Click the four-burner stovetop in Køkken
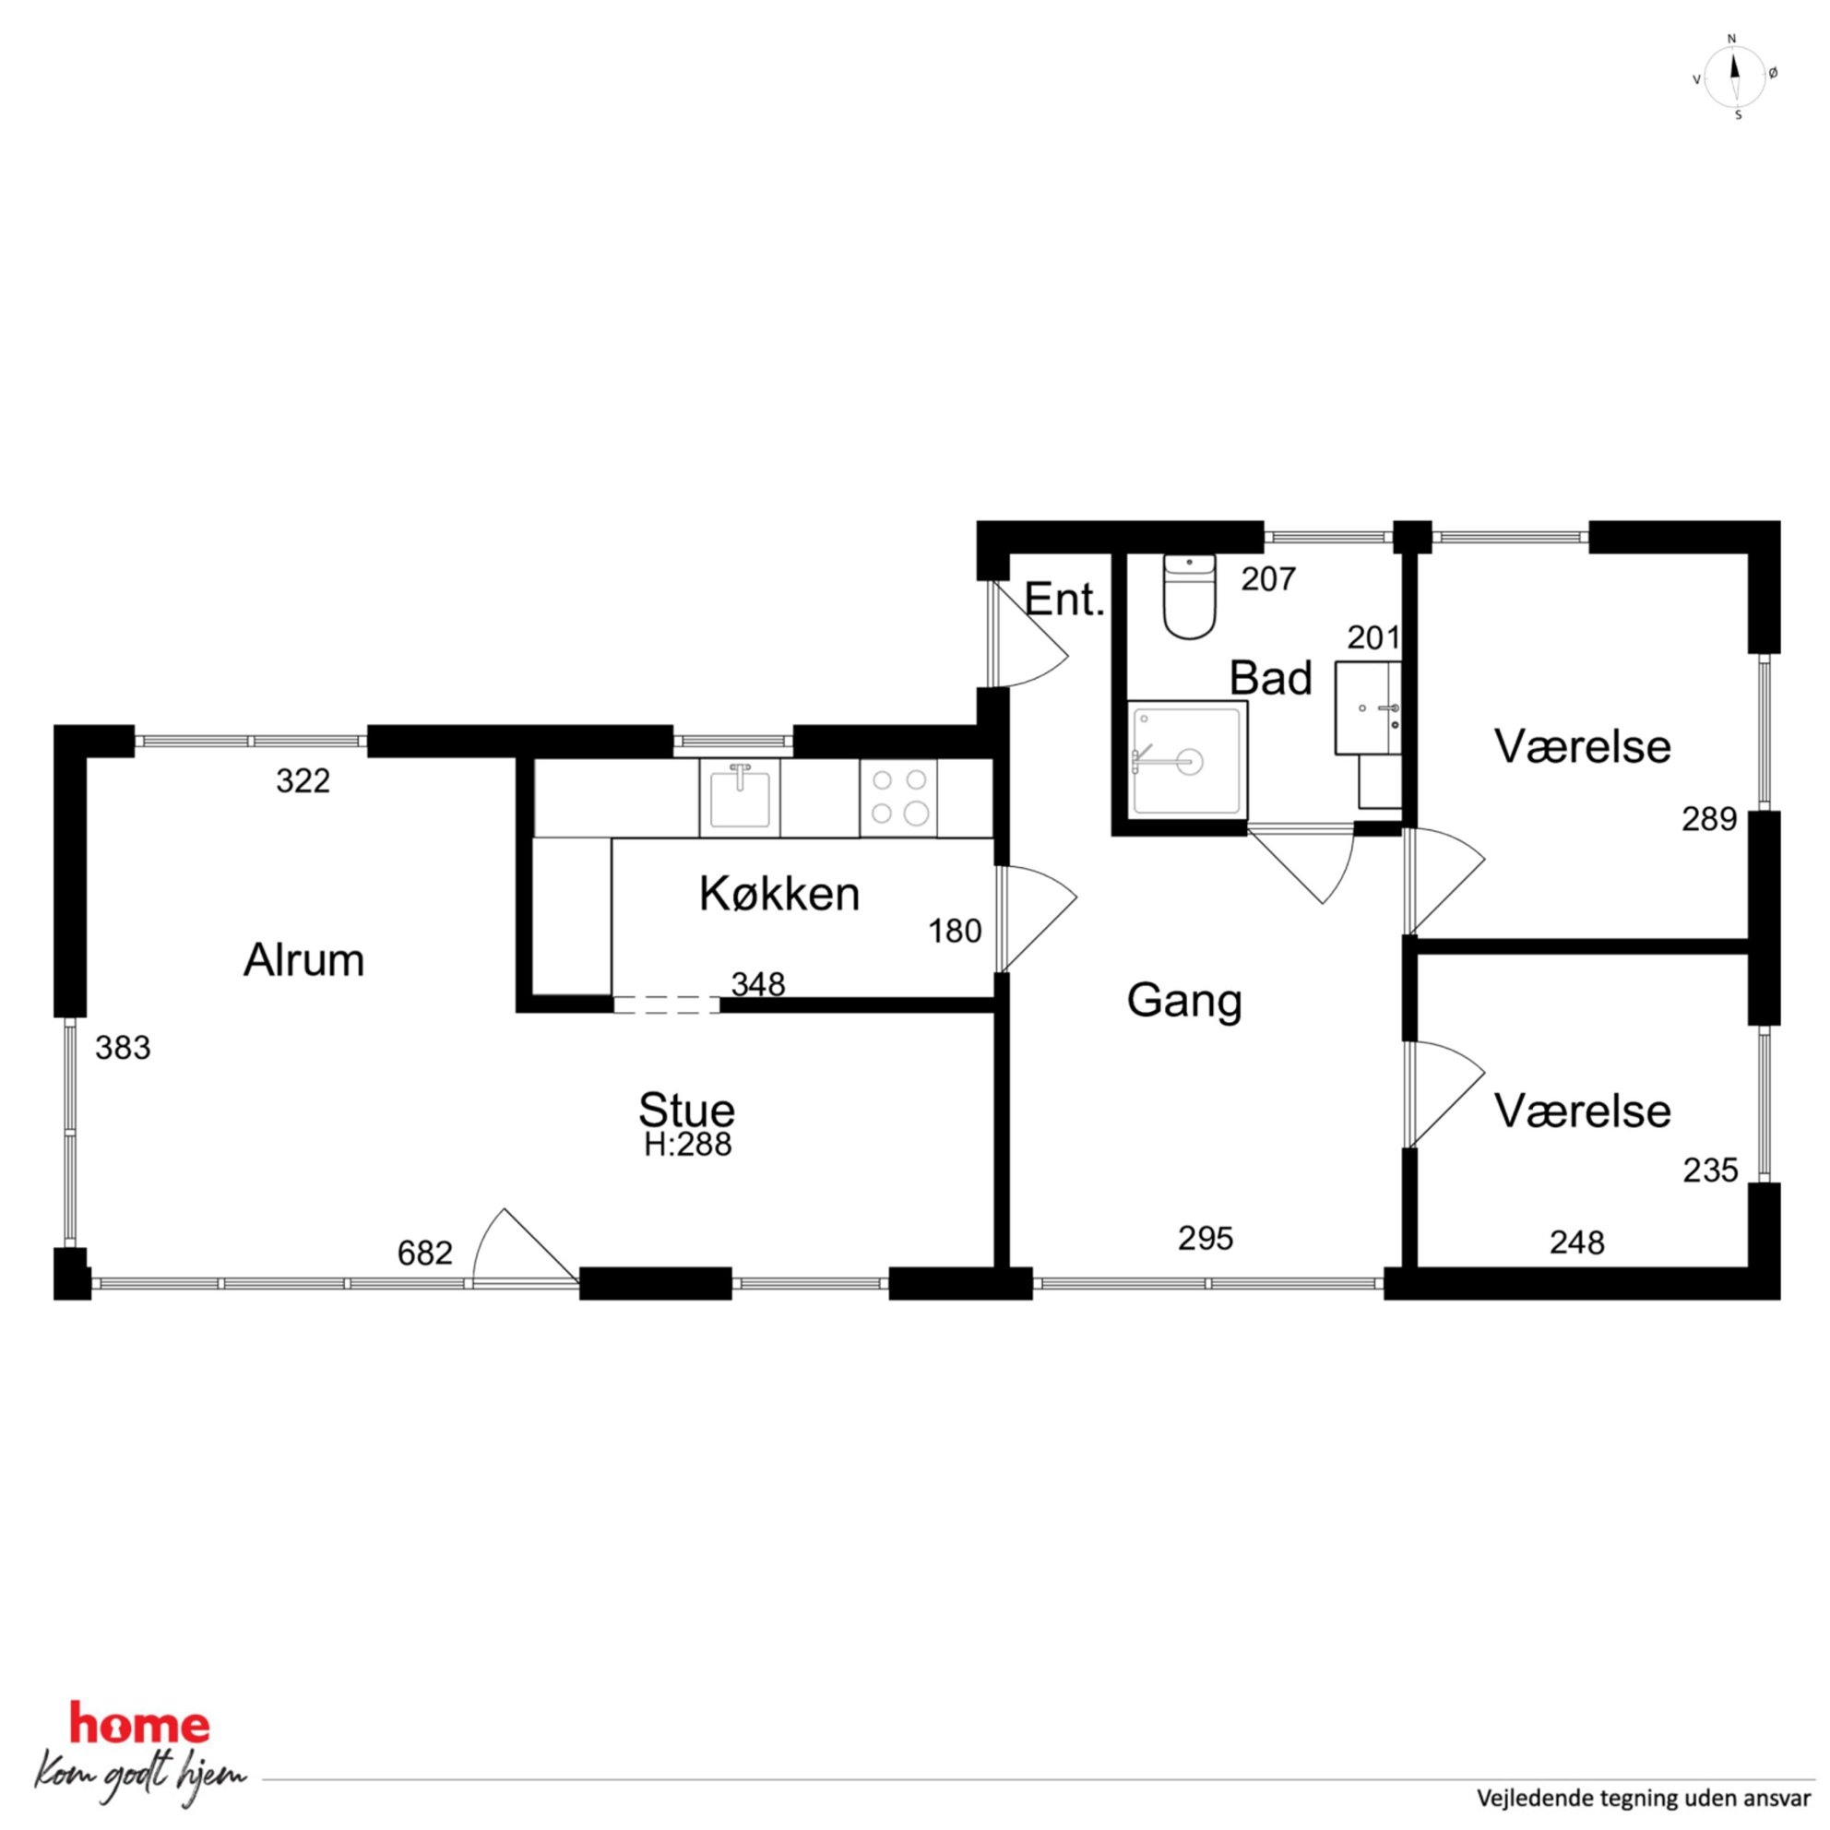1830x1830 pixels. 899,798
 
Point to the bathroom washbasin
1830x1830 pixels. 1368,708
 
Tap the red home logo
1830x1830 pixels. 140,1725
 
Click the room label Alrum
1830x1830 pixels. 304,960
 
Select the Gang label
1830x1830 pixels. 1184,1001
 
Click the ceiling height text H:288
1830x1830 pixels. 688,1146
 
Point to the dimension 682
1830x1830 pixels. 425,1254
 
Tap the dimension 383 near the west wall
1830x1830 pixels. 123,1048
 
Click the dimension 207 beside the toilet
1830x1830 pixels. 1267,578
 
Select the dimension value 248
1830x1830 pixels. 1577,1242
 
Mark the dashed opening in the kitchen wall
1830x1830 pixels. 667,1005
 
